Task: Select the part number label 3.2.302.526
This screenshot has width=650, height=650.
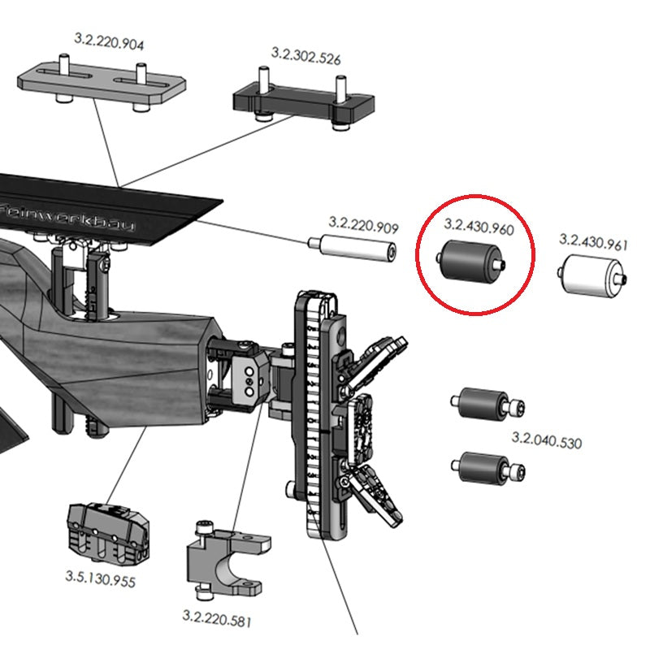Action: point(305,58)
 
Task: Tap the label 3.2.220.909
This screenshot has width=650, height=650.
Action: point(362,222)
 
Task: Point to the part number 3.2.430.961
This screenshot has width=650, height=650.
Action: point(593,241)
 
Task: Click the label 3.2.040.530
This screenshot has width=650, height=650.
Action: point(546,443)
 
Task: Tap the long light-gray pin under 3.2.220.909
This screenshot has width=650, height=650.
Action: point(353,248)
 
